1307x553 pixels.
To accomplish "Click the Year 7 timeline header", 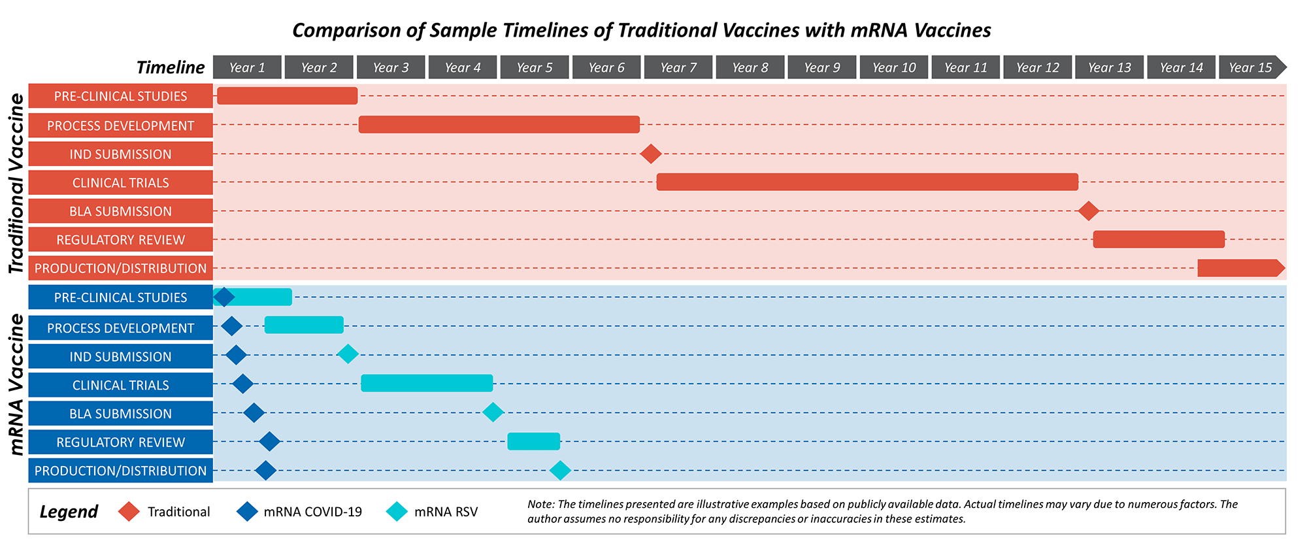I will (x=678, y=67).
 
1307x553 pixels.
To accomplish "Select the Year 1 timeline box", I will (x=247, y=67).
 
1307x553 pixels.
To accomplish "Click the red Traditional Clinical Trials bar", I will (x=867, y=182).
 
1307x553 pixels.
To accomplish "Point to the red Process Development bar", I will (x=499, y=124).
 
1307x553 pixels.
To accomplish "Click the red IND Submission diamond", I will (x=650, y=154).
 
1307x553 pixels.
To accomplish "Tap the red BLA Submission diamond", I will (x=1088, y=210).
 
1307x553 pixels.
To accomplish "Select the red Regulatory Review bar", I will (x=1158, y=239).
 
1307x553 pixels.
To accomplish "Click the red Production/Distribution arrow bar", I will (x=1238, y=268).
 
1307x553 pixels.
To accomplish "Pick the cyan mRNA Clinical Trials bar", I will (x=427, y=383).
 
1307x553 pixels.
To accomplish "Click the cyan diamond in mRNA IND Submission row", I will (x=348, y=354).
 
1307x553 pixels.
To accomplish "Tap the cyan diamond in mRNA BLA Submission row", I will (x=493, y=412).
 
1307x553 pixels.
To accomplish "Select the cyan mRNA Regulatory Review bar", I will (x=533, y=441).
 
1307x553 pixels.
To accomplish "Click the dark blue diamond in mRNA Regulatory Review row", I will (x=269, y=441).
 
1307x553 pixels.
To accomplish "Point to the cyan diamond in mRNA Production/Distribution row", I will (x=560, y=470).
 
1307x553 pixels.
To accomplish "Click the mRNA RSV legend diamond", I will (x=397, y=511).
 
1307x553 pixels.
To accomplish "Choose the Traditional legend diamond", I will (x=129, y=511).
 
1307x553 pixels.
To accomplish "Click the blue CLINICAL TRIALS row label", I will (x=120, y=385).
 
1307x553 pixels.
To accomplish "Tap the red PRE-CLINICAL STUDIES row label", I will (x=120, y=96).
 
